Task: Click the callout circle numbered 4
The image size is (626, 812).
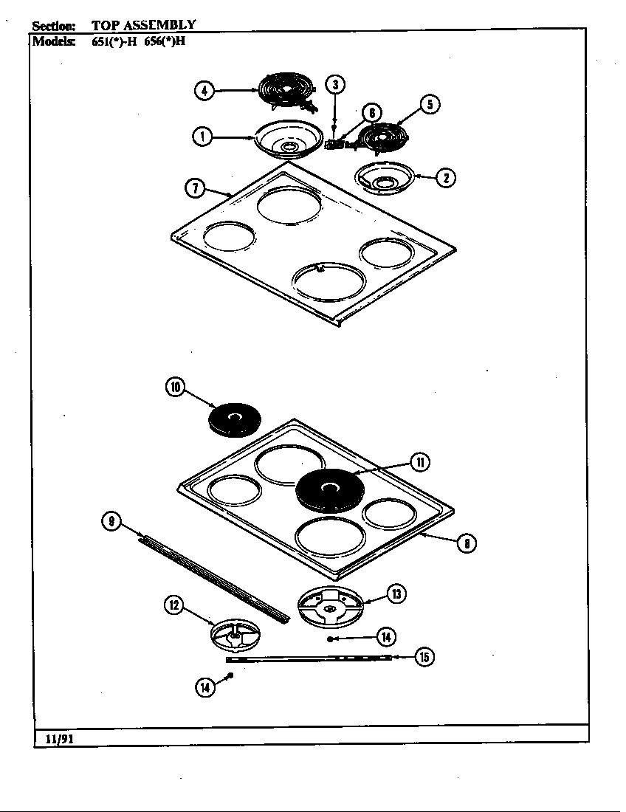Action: [204, 91]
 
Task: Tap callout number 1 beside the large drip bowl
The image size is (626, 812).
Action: [201, 136]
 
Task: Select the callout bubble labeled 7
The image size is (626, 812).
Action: [194, 188]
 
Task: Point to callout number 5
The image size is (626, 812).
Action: [430, 105]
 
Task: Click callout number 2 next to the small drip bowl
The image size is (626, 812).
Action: [445, 177]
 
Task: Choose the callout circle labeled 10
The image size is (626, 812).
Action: [176, 388]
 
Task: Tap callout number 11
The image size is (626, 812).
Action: [420, 463]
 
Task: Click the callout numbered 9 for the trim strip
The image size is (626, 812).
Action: [111, 522]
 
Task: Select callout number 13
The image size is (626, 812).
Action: [396, 593]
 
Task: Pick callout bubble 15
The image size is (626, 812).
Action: [424, 656]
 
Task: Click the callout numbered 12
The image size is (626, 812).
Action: [173, 606]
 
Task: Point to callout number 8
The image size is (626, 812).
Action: [466, 544]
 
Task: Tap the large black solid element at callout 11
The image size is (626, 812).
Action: [331, 489]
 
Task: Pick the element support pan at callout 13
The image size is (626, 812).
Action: [331, 606]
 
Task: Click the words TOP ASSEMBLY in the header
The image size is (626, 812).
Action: [144, 25]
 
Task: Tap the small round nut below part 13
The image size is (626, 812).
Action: [330, 639]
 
